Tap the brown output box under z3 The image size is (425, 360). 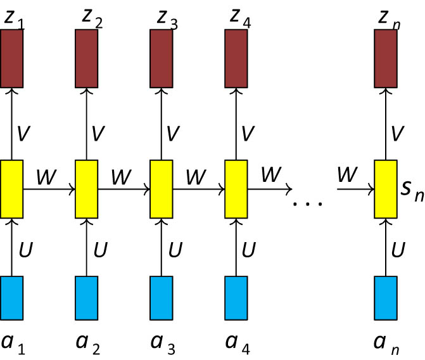point(161,58)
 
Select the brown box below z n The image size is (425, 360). point(386,58)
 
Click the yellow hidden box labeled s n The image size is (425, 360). point(386,188)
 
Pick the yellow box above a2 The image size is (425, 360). point(87,188)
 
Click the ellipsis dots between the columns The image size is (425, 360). point(308,204)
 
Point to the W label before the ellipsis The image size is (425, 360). point(271,176)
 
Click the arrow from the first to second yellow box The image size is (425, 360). point(49,189)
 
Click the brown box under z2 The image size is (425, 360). point(87,58)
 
